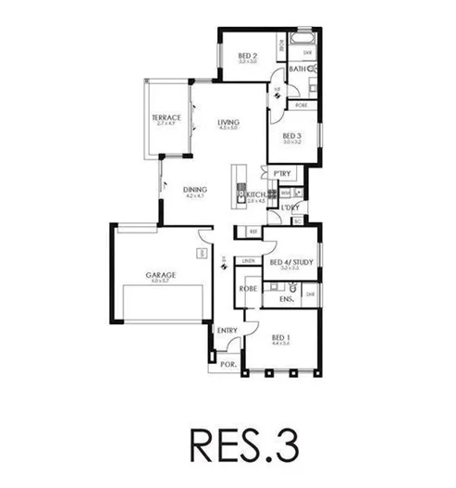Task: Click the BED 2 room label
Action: point(247,56)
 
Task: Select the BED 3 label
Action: point(290,137)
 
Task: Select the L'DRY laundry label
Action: point(290,209)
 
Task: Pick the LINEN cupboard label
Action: point(249,262)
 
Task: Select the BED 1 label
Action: point(280,337)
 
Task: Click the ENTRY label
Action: point(227,331)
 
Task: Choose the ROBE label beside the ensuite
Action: point(247,290)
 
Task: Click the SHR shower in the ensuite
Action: point(311,294)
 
